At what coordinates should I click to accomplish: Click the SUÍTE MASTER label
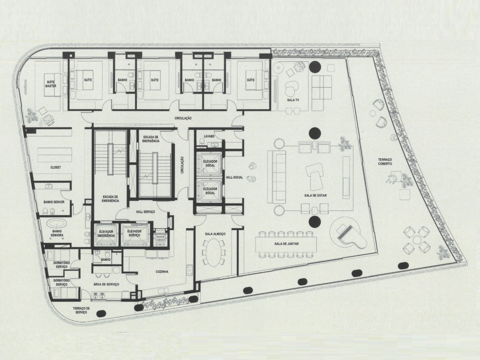pos(51,84)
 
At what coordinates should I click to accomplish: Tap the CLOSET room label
pos(56,167)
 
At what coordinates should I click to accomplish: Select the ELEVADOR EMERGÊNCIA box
pos(106,234)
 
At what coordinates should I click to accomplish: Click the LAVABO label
pos(209,136)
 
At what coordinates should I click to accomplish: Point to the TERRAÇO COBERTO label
pos(389,162)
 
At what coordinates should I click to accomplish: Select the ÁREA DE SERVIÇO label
pos(106,285)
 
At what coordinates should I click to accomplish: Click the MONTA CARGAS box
pos(161,237)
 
